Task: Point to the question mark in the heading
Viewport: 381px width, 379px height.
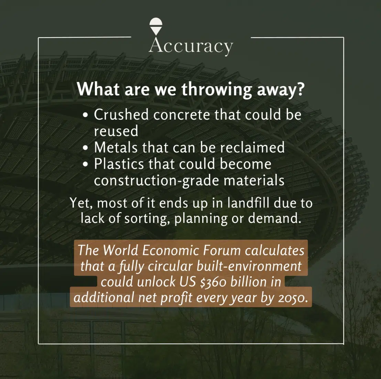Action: (301, 89)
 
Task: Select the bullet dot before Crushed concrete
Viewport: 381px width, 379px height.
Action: (85, 115)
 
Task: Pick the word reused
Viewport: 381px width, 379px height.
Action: (116, 131)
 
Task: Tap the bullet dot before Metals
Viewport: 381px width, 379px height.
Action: (85, 148)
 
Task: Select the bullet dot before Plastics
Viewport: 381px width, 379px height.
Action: (85, 164)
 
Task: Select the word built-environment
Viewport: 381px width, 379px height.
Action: (249, 266)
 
